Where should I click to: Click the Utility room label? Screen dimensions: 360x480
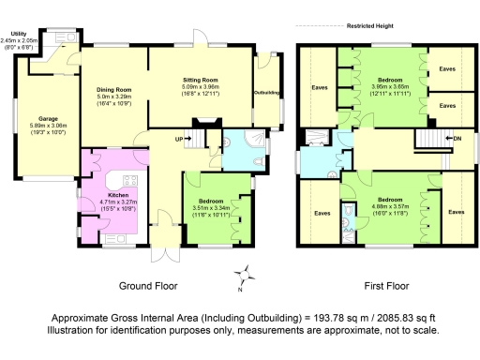pyautogui.click(x=12, y=34)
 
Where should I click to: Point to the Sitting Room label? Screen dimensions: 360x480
pyautogui.click(x=200, y=82)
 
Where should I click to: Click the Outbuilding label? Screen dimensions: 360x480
pyautogui.click(x=267, y=92)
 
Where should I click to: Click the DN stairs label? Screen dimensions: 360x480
pyautogui.click(x=457, y=139)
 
